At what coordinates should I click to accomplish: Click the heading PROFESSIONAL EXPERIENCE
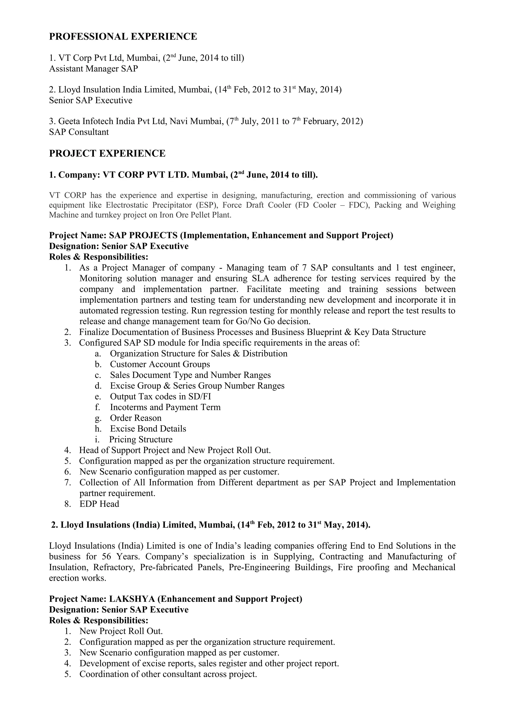(123, 37)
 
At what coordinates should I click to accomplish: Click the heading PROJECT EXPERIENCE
(107, 153)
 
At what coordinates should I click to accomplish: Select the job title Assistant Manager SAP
(93, 69)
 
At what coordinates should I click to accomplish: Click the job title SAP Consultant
(79, 132)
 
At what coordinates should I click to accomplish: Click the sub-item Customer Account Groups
(160, 364)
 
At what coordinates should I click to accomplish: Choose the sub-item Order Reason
(136, 418)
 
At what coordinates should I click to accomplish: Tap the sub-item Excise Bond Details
(148, 429)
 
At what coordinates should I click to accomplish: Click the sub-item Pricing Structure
(141, 439)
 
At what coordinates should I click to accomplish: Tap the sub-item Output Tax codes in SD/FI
(160, 396)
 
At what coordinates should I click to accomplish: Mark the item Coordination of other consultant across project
(168, 674)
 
